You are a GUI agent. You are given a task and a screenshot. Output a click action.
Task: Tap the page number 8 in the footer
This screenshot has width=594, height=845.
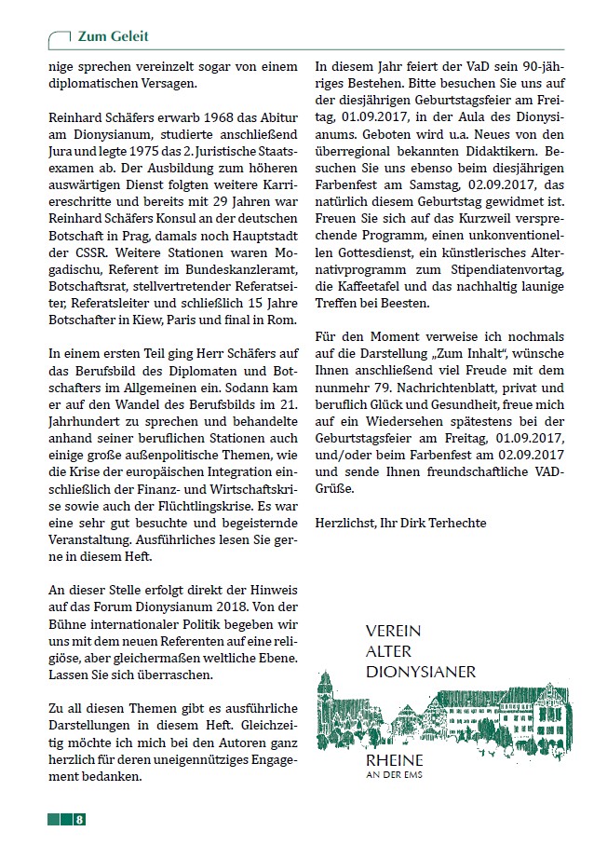(x=81, y=820)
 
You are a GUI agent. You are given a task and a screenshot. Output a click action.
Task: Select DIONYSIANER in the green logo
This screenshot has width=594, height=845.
(x=421, y=671)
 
